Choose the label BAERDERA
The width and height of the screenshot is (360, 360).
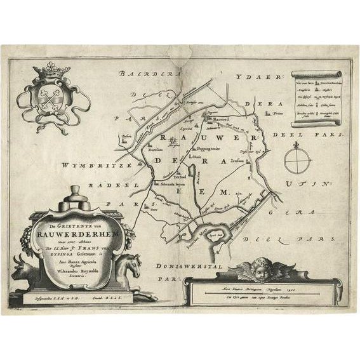(x=142, y=74)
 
